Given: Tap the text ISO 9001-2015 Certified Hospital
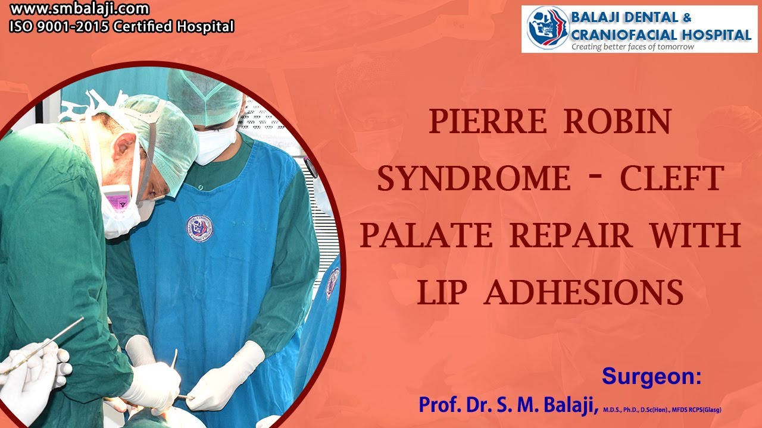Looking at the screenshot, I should coord(121,27).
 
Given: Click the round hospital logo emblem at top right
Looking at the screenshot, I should coord(547,28).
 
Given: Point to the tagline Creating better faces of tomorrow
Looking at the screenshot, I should coord(632,47).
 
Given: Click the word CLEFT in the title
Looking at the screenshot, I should coord(672,178).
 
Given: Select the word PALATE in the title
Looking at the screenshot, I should coord(426,235).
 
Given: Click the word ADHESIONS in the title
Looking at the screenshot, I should coord(583,292).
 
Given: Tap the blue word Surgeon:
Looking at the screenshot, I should coord(652,376).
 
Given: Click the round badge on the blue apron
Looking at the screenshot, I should coord(200,228).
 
